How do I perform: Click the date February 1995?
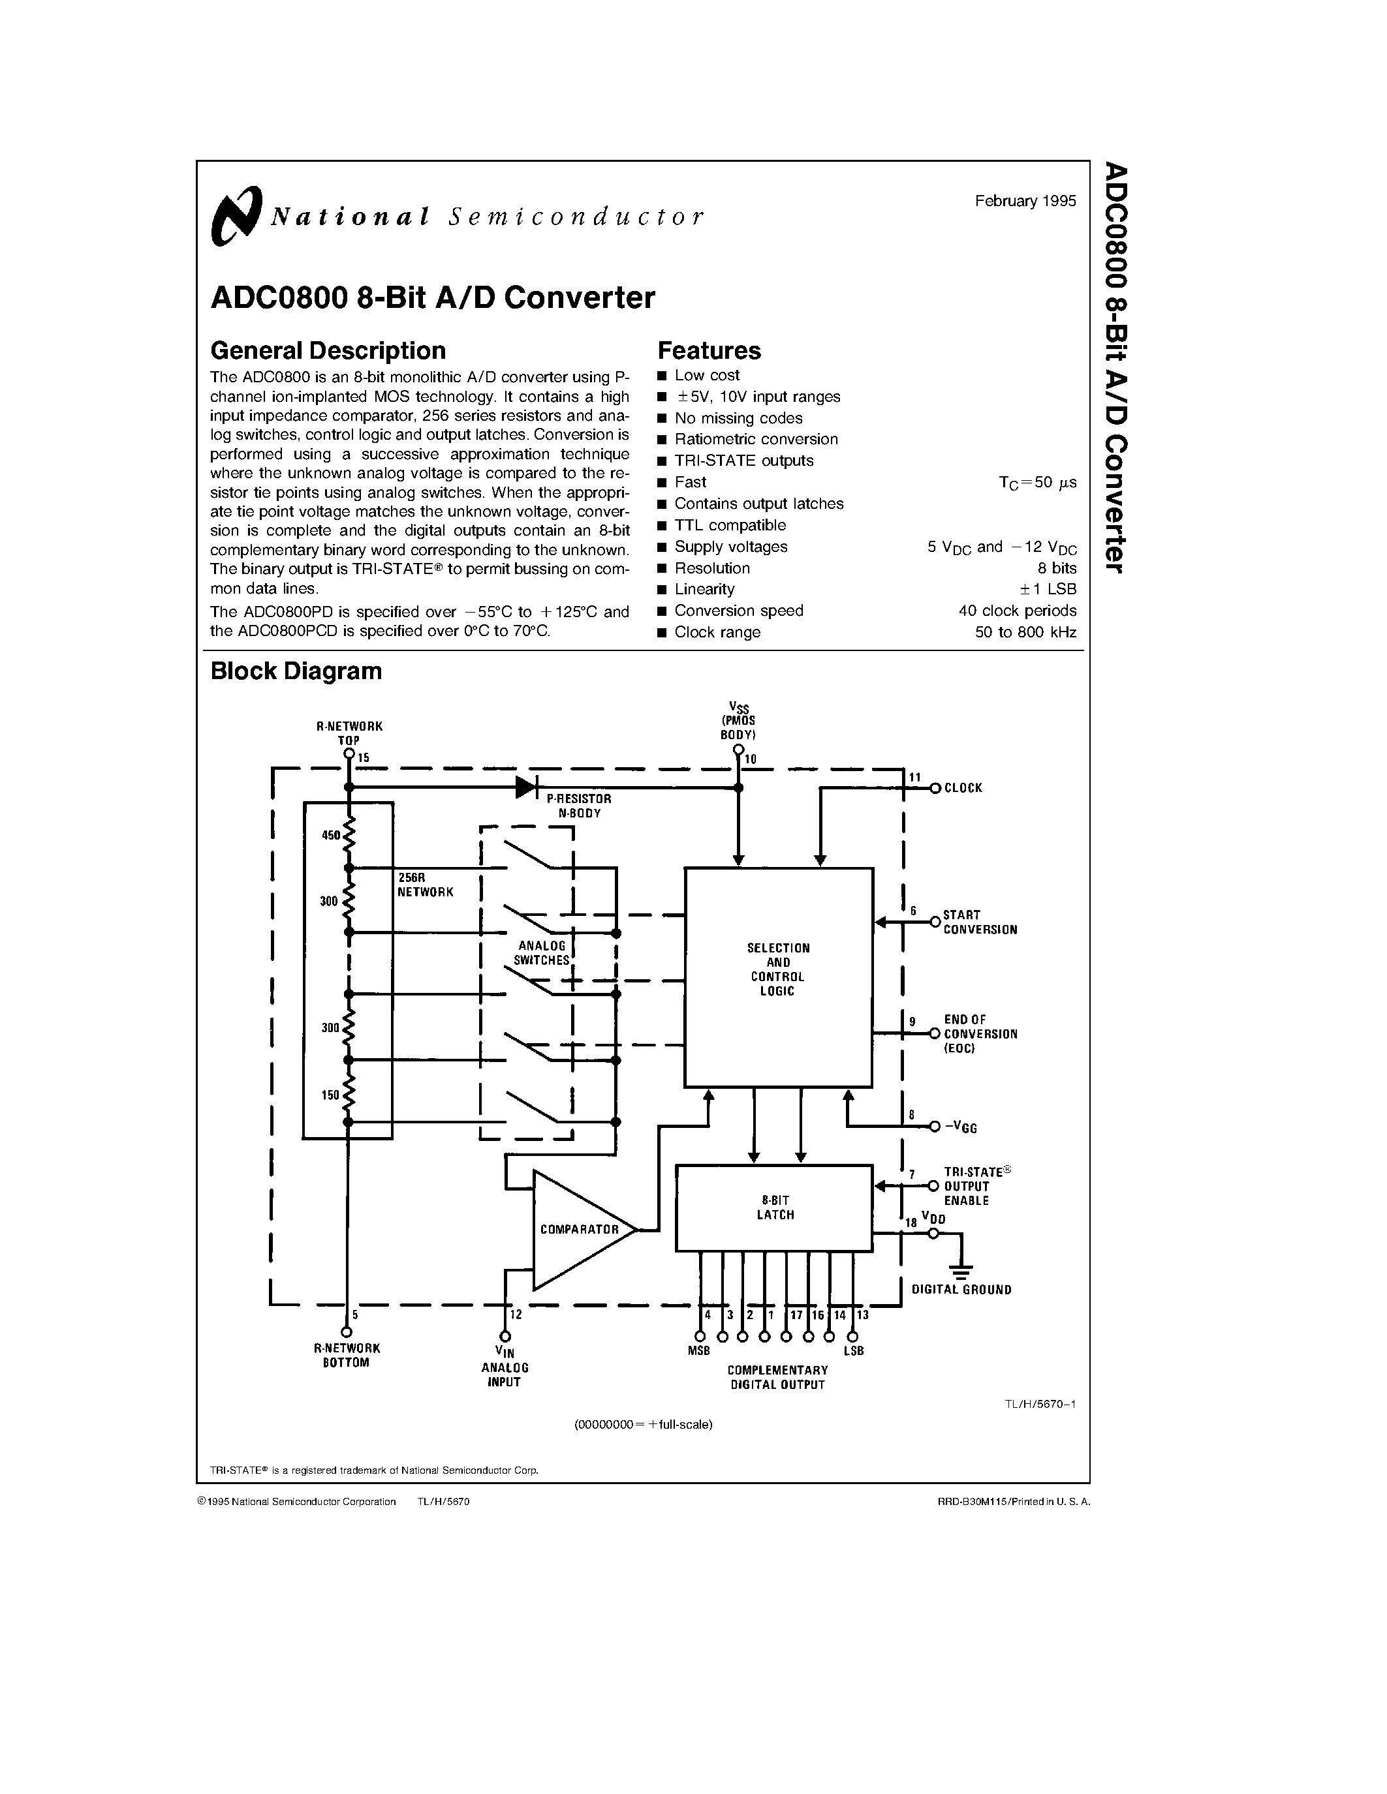click(x=1025, y=201)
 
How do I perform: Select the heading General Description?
click(x=328, y=351)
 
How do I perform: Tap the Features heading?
click(x=708, y=351)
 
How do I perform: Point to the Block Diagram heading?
click(x=296, y=671)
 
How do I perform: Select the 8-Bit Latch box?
click(x=773, y=1208)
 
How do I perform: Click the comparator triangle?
click(x=580, y=1230)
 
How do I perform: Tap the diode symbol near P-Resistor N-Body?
click(x=527, y=787)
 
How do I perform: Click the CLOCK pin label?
click(x=963, y=789)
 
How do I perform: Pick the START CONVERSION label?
click(x=980, y=922)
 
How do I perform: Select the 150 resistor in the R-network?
click(x=349, y=1093)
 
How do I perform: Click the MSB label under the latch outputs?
click(x=698, y=1351)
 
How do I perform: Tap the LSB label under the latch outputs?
click(x=854, y=1351)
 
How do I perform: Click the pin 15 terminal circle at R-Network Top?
click(x=349, y=753)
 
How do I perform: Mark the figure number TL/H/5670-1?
click(x=1039, y=1404)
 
